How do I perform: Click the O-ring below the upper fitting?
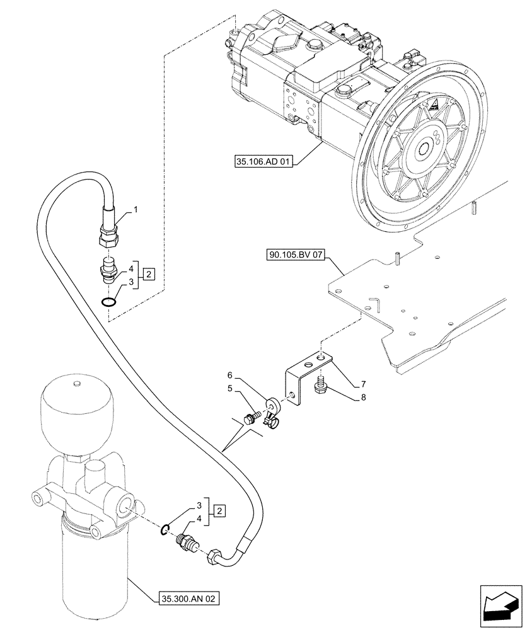click(109, 303)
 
